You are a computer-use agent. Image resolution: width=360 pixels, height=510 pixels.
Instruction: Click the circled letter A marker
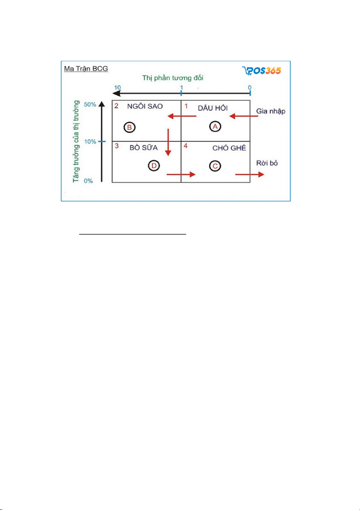tap(214, 126)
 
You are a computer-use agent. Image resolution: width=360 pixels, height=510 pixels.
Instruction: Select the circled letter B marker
tap(129, 128)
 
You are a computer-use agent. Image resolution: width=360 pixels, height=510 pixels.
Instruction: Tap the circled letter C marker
tap(215, 166)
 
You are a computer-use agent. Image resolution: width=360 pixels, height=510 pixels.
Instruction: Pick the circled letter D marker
tap(154, 166)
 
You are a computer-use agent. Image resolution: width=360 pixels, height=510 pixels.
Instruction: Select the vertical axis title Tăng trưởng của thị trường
tap(77, 141)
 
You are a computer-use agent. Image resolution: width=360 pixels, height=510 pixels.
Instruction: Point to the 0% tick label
tap(89, 181)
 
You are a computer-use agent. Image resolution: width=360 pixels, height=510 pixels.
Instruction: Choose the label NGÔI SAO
tap(145, 107)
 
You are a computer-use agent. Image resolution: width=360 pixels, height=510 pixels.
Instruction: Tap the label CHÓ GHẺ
tap(229, 148)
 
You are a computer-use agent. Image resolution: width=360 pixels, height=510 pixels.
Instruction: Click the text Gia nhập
tap(271, 111)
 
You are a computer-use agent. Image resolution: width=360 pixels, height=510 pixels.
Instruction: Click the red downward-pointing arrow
tap(168, 142)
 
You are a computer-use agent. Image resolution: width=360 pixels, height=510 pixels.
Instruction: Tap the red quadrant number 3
tap(116, 146)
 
